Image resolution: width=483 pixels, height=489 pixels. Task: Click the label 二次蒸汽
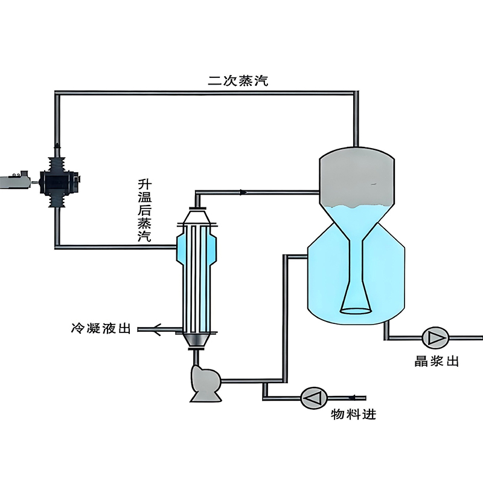(x=238, y=80)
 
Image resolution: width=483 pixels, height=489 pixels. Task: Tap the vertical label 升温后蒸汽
(x=144, y=210)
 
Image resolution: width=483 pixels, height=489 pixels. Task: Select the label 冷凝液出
(x=101, y=328)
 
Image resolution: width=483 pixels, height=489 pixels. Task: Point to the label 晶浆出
(x=437, y=361)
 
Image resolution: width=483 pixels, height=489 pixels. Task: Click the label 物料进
(x=353, y=415)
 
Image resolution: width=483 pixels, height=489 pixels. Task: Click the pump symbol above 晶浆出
(x=435, y=338)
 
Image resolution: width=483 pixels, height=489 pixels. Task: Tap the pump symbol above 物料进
(x=314, y=398)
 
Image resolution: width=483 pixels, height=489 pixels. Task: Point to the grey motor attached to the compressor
(x=15, y=180)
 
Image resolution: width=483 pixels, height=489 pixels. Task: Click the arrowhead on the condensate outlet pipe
(x=157, y=329)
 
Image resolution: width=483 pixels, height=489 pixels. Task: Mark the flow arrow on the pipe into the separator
(x=243, y=192)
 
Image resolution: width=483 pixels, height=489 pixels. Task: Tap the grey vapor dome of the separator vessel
(x=357, y=177)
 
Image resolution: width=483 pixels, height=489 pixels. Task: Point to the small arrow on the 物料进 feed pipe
(x=353, y=398)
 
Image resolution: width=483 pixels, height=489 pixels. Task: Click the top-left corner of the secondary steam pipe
(x=57, y=93)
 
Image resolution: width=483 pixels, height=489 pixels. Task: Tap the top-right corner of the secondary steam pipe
(x=356, y=93)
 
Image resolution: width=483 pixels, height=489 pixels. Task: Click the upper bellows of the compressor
(x=57, y=164)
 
